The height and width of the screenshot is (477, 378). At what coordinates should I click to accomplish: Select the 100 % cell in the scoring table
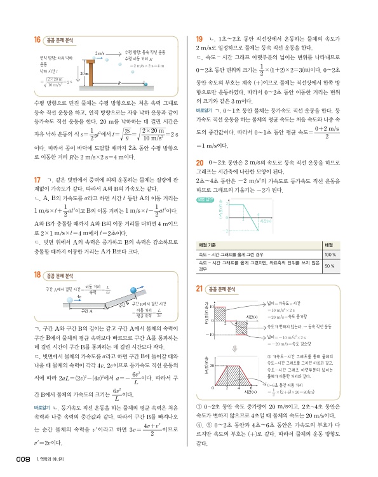coord(348,255)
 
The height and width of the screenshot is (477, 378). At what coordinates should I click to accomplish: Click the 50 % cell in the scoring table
coord(348,266)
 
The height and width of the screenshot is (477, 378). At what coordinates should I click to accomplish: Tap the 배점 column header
coord(348,245)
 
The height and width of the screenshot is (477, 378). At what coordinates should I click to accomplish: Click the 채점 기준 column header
coord(210,245)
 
